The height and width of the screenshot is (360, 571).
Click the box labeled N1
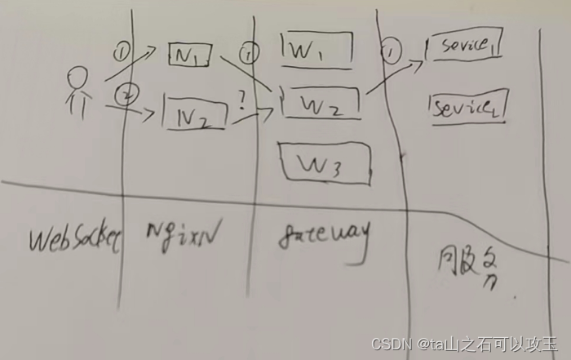[x=191, y=55]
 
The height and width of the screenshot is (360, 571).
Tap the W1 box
[x=316, y=51]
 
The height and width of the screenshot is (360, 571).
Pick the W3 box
[x=324, y=162]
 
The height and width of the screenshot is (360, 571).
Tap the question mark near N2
[x=242, y=101]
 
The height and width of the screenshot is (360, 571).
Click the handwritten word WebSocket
[x=75, y=239]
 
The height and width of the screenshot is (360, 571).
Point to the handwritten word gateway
[x=324, y=238]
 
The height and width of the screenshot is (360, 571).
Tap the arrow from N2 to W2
[x=253, y=116]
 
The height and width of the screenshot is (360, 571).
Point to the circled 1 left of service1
[x=392, y=52]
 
